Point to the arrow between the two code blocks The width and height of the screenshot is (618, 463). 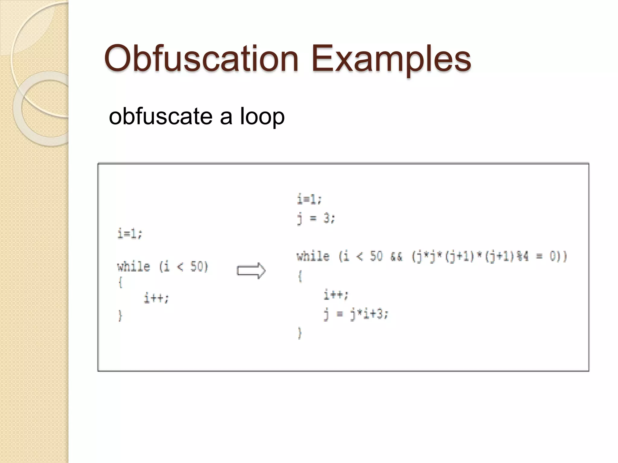251,271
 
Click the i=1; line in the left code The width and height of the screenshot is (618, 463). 130,234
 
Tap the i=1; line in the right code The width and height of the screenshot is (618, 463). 309,199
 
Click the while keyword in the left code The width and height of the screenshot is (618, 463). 133,267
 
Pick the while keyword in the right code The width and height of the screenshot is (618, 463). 313,257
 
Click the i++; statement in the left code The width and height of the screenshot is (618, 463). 156,298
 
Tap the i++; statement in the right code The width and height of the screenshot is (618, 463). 336,294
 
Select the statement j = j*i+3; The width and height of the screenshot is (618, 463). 356,314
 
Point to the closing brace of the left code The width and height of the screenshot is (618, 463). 120,316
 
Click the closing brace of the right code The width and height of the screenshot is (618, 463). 300,333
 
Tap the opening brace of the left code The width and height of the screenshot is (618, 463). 120,282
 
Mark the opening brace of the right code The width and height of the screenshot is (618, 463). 300,276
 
